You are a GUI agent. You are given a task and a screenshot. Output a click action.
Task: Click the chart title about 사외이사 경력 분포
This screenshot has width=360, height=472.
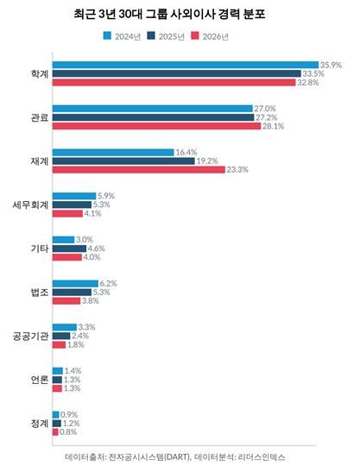coord(180,15)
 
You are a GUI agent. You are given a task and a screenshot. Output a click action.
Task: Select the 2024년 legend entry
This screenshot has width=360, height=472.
coord(124,36)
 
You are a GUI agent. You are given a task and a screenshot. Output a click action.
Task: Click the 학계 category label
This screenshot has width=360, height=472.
coord(39,74)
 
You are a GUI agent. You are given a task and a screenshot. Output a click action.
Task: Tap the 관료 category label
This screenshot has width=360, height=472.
coord(39,117)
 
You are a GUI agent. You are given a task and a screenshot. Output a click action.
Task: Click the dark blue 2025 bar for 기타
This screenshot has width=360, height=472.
coord(68,249)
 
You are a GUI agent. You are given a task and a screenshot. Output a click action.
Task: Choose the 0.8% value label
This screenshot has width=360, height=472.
coord(68,431)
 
